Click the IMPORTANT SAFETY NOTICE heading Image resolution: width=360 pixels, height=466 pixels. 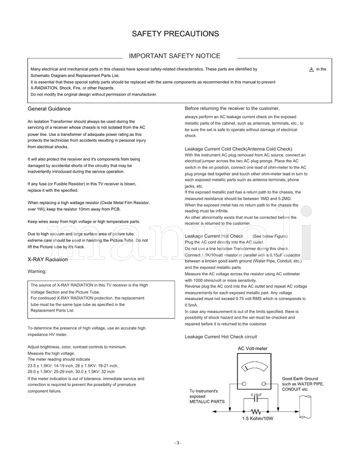click(x=175, y=56)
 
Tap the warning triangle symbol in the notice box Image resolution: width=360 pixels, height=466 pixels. click(x=311, y=70)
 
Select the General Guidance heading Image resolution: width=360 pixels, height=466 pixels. click(x=49, y=109)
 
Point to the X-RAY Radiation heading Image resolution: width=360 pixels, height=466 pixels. click(x=48, y=260)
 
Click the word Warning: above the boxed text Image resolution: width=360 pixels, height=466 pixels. click(x=37, y=271)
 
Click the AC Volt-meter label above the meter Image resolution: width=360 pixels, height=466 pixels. click(x=252, y=348)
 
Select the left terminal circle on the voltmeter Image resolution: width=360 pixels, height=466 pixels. click(x=244, y=384)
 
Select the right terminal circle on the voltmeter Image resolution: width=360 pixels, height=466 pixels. click(x=263, y=384)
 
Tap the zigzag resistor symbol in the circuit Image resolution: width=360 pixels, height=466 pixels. click(x=256, y=411)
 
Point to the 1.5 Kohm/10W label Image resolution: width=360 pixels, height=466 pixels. click(x=258, y=418)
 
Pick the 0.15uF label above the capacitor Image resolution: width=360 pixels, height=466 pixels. click(x=256, y=395)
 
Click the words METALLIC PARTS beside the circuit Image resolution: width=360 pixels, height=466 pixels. click(x=207, y=401)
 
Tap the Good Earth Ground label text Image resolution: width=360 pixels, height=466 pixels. click(x=300, y=379)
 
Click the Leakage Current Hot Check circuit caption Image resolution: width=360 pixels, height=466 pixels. click(x=221, y=336)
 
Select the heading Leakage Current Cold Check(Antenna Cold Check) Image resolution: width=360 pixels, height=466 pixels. click(x=238, y=149)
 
